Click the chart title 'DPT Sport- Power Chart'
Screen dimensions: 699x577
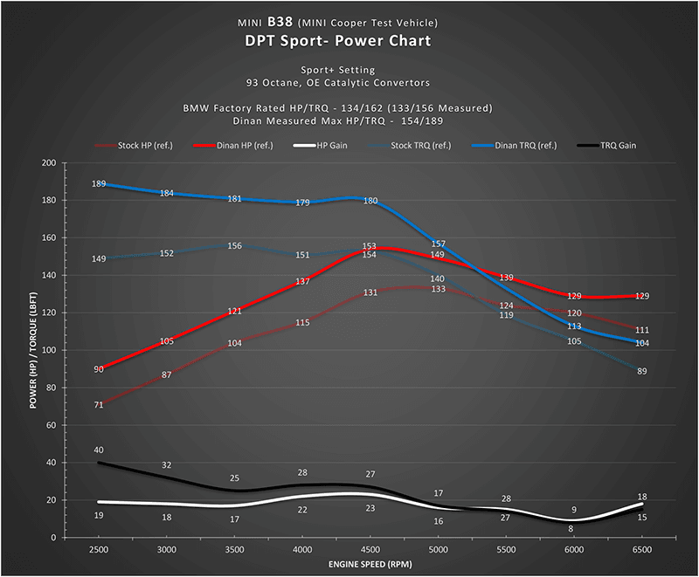[x=338, y=41]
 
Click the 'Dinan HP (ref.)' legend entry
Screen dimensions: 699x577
[x=233, y=146]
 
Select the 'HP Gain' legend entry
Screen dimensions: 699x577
[x=320, y=146]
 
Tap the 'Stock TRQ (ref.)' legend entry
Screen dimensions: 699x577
[x=410, y=146]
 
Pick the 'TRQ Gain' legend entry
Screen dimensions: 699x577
[x=606, y=146]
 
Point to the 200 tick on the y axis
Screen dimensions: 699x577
[x=49, y=163]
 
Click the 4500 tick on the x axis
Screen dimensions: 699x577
[x=370, y=550]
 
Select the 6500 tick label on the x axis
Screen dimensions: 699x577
[x=642, y=550]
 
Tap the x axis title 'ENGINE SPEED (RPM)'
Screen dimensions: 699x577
[x=370, y=565]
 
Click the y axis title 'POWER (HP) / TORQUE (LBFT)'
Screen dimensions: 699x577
[x=33, y=350]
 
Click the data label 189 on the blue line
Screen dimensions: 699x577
[x=99, y=183]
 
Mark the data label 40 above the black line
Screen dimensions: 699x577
[x=99, y=450]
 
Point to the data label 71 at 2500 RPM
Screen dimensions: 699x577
[x=99, y=405]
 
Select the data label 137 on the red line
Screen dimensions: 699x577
[x=302, y=281]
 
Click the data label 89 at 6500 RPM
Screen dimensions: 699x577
[x=642, y=371]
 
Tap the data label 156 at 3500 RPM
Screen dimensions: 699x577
[x=234, y=246]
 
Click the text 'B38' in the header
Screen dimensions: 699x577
[x=280, y=22]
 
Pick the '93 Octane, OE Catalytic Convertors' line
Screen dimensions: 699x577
[x=338, y=83]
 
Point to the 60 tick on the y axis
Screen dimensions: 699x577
[x=52, y=426]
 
